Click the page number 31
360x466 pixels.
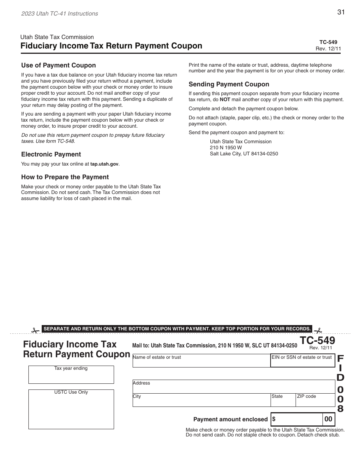pos(341,12)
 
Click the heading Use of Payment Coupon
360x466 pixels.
pos(58,65)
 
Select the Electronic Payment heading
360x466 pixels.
pos(51,154)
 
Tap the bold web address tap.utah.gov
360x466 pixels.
pos(104,164)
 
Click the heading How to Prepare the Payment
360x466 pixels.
pos(65,177)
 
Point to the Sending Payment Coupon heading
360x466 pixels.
pos(229,84)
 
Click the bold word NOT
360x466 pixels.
pos(225,100)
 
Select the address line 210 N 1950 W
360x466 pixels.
pos(226,147)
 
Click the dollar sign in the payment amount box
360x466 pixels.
pos(274,419)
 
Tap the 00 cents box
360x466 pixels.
pos(328,419)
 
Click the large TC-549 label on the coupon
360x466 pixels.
pos(318,340)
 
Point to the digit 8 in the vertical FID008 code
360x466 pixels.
pos(340,409)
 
